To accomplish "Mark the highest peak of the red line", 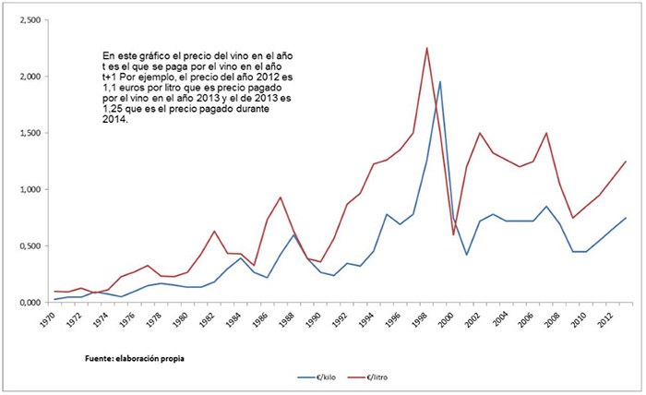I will click(426, 48).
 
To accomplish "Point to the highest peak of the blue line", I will click(440, 81).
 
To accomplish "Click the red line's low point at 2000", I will click(453, 234).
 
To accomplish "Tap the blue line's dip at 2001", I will click(467, 255).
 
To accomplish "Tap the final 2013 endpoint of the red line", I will click(626, 162).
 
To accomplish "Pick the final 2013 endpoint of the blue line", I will click(626, 218).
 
